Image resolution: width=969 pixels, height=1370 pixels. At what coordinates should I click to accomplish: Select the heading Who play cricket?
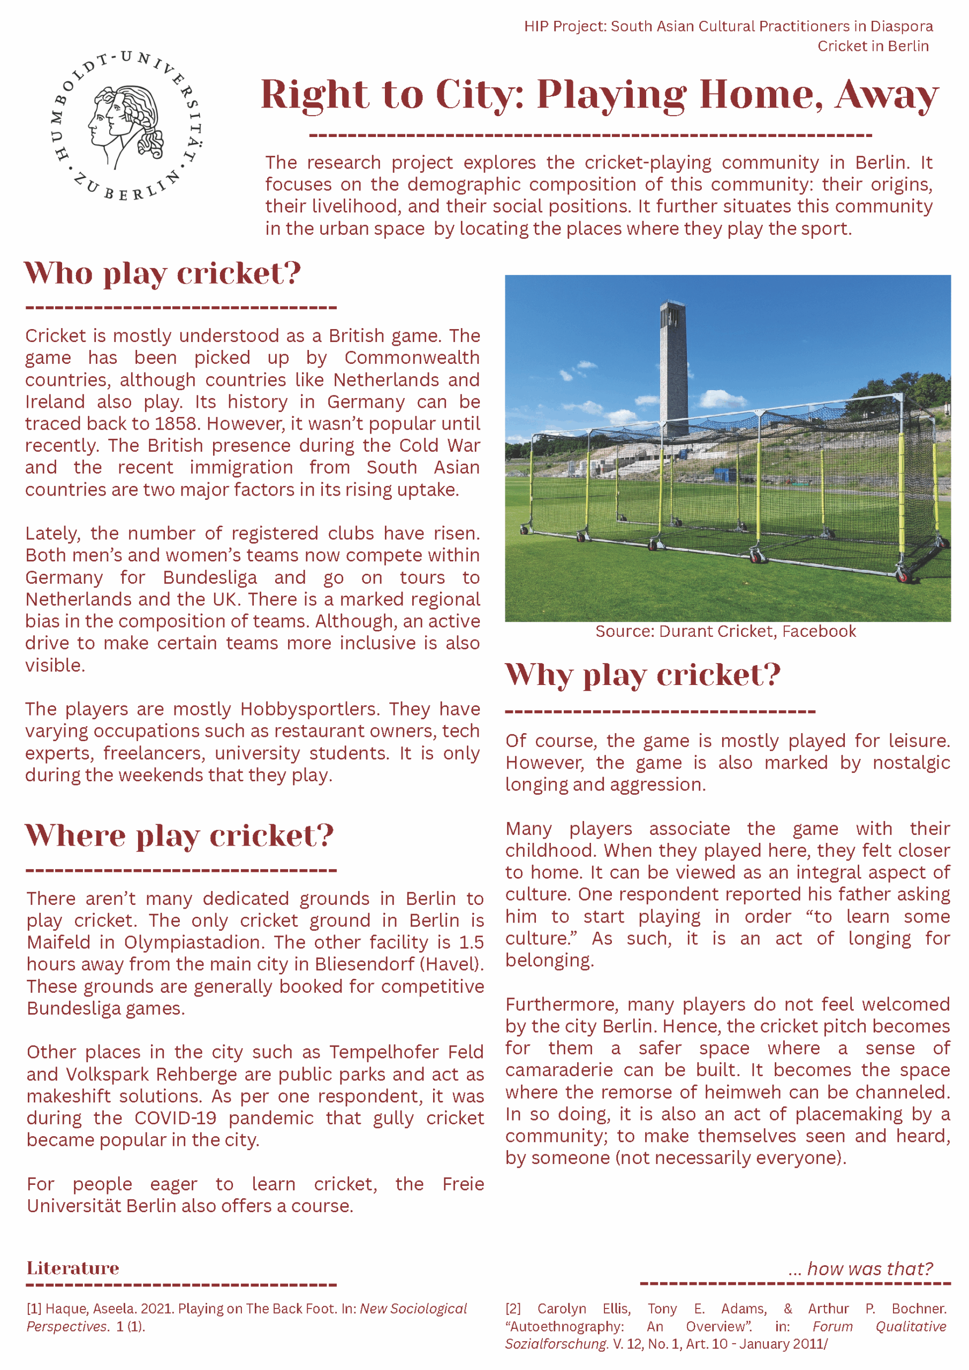162,274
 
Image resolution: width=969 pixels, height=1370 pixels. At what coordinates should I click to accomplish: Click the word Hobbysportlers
310,709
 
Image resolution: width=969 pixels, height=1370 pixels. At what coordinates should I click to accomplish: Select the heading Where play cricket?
179,835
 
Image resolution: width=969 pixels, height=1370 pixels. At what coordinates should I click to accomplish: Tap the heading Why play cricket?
642,675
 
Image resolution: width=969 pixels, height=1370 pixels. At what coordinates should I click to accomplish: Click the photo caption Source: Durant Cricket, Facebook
725,631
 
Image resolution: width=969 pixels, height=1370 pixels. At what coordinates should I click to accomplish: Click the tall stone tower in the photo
673,370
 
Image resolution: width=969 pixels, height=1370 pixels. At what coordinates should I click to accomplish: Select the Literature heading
73,1268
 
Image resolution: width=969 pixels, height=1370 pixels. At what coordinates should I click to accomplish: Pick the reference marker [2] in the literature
513,1309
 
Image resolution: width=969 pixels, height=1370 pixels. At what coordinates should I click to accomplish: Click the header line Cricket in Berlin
872,46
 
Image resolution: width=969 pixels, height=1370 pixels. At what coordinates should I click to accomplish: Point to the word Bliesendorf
366,964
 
